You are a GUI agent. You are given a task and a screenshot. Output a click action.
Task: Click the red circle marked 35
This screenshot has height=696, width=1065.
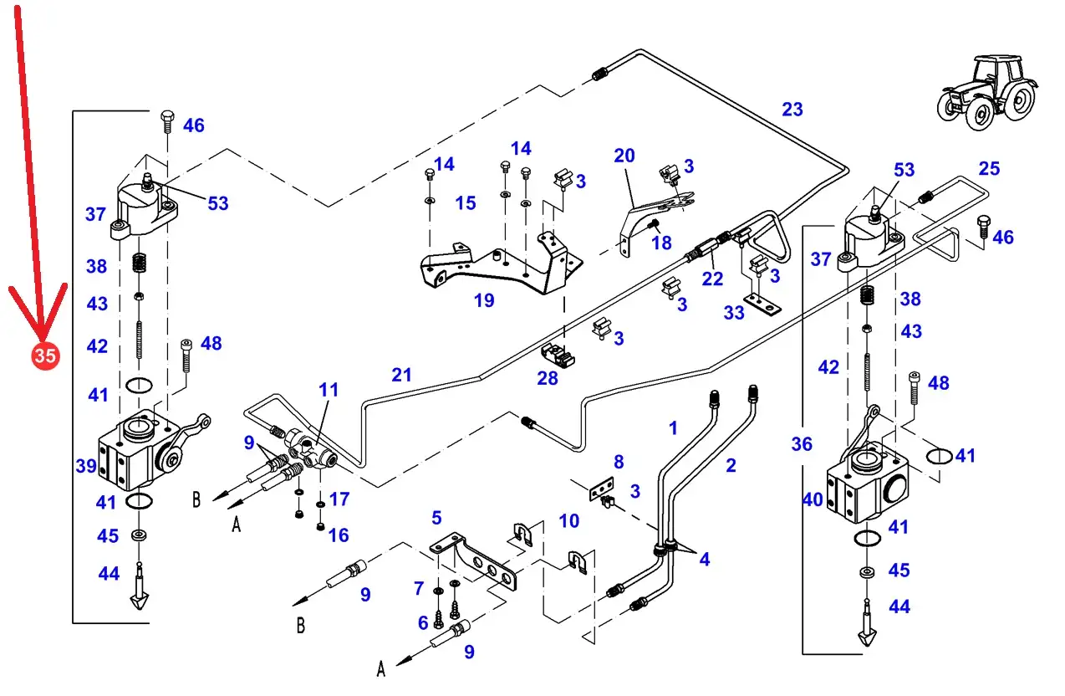(45, 356)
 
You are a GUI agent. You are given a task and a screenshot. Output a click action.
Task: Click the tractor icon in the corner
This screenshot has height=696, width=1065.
(986, 91)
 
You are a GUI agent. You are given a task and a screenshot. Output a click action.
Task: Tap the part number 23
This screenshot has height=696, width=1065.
(792, 109)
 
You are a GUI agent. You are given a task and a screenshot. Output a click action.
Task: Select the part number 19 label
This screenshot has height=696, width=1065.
(484, 300)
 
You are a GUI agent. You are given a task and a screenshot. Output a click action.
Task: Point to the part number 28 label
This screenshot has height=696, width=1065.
(548, 379)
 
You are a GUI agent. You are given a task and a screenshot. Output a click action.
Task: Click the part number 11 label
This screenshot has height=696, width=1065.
(329, 389)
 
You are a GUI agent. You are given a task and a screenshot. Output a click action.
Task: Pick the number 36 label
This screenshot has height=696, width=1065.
(802, 444)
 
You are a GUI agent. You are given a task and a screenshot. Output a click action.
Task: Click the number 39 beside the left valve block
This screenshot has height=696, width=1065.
(86, 466)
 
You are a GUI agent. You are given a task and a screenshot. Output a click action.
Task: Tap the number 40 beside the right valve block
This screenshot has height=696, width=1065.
(813, 500)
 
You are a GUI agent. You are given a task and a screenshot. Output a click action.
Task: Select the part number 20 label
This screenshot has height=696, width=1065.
(624, 156)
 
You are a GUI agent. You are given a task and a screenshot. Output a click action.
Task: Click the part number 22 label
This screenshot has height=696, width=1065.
(712, 279)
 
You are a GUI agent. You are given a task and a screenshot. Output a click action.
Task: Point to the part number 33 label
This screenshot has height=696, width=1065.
(734, 313)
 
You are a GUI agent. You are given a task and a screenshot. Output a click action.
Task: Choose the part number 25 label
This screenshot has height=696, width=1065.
(989, 169)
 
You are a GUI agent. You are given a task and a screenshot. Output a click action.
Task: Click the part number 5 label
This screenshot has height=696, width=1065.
(436, 519)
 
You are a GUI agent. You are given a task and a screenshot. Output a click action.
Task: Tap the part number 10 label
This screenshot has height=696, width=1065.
(568, 521)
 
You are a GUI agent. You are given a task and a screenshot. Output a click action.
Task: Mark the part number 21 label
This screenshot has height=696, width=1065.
(402, 375)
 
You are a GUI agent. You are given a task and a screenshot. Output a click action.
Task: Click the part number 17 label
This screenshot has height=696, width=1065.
(339, 499)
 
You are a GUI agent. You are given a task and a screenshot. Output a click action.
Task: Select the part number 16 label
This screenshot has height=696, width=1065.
(339, 535)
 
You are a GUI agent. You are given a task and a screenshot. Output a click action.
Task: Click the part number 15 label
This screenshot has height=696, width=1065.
(466, 202)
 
